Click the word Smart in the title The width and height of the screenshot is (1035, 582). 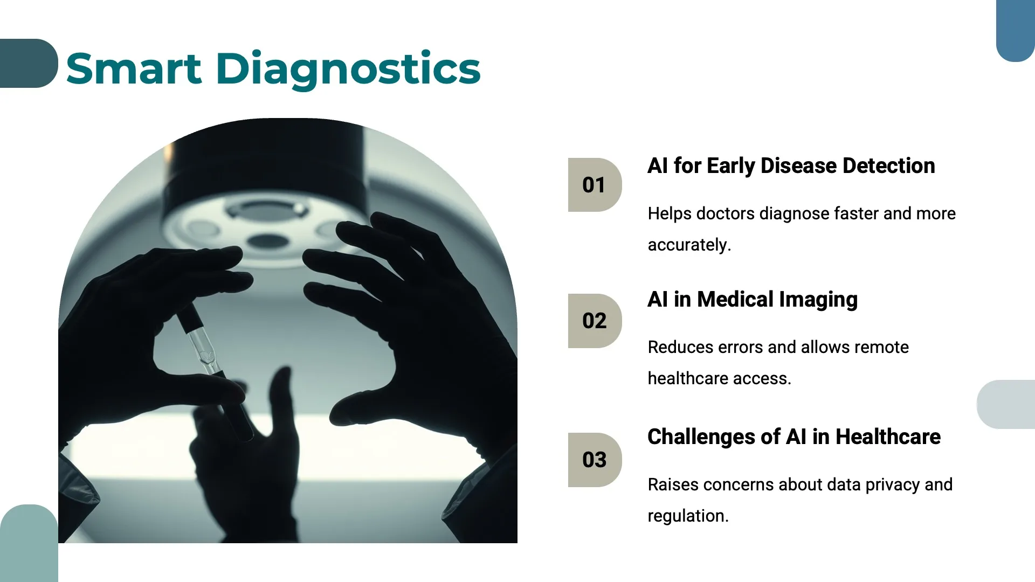click(x=134, y=69)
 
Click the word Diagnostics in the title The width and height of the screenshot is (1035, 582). click(x=348, y=69)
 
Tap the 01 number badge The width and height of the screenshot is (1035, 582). click(x=595, y=185)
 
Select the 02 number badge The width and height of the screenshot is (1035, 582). click(x=595, y=321)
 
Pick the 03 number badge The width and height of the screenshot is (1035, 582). click(x=595, y=460)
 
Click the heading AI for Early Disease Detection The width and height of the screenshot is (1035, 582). click(x=791, y=166)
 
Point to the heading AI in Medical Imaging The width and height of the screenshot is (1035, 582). click(x=752, y=300)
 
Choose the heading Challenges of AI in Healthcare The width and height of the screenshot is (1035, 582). click(x=793, y=437)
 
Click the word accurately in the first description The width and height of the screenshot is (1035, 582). click(x=689, y=245)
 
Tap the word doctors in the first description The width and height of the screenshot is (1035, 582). click(x=725, y=214)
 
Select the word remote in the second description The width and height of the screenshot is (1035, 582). click(x=881, y=348)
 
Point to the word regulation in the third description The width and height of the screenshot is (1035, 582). click(x=687, y=516)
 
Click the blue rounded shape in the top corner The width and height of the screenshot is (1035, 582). click(x=1016, y=30)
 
